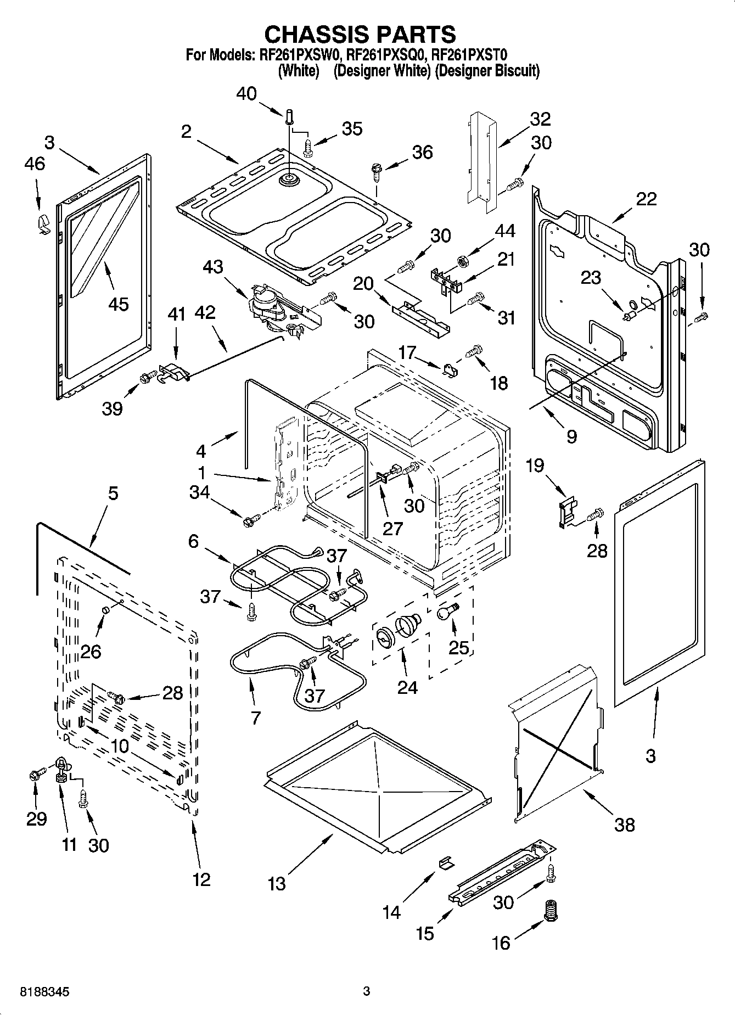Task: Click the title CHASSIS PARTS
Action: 360,34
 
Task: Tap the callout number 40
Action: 246,94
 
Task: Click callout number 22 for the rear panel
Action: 646,199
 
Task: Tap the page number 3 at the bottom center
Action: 366,991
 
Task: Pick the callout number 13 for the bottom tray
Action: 277,884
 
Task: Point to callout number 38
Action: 625,824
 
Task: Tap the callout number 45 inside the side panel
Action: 119,304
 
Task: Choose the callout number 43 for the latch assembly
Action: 213,267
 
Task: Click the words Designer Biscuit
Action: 487,71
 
